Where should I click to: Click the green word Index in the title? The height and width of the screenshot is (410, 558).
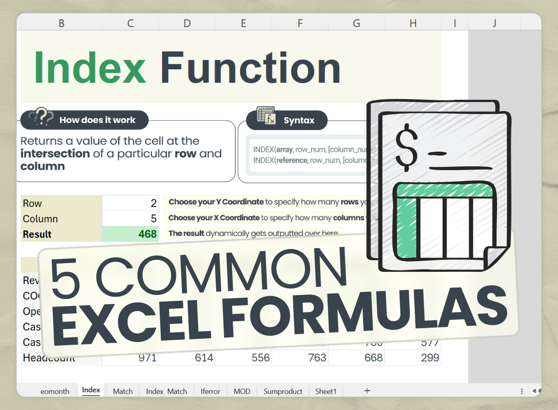point(90,68)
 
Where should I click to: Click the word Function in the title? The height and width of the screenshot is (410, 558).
point(250,68)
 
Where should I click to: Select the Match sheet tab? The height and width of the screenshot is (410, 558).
point(122,391)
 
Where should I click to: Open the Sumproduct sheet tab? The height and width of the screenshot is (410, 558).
point(283,391)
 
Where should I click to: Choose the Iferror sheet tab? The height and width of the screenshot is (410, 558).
point(210,391)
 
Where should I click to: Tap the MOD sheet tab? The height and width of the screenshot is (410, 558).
point(242,391)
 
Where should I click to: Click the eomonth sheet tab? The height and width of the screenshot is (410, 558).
point(55,391)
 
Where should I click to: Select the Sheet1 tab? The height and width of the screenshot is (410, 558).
point(326,391)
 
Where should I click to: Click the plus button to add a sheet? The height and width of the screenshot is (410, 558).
point(367,391)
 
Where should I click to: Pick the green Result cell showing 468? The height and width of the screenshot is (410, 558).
point(130,234)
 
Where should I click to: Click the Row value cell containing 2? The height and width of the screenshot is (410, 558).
point(130,203)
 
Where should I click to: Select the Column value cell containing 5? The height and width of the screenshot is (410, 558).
point(130,219)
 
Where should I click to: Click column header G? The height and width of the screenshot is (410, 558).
point(356,23)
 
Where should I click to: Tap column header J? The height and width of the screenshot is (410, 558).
point(494,23)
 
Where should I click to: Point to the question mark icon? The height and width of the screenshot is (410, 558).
point(41,117)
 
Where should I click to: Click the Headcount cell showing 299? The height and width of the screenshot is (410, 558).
point(413,358)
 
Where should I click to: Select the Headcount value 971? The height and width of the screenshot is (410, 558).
point(130,358)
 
